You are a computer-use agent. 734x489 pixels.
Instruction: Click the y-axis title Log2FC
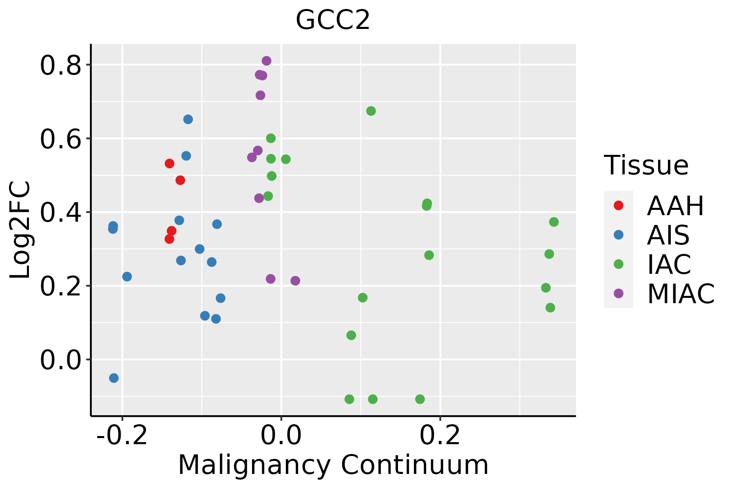[x=20, y=230]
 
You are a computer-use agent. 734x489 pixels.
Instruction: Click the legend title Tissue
[x=646, y=165]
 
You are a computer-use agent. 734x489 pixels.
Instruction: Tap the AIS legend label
[x=668, y=235]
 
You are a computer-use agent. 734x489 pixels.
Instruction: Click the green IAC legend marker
[x=619, y=264]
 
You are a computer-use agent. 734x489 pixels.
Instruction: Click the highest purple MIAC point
[x=266, y=61]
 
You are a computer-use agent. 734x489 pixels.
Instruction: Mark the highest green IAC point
[x=371, y=111]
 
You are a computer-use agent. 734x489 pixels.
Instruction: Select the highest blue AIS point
[x=188, y=119]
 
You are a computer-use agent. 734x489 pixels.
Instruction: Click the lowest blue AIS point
[x=114, y=378]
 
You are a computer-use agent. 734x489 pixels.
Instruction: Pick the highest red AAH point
[x=170, y=163]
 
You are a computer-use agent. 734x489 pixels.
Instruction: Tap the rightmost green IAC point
[x=554, y=222]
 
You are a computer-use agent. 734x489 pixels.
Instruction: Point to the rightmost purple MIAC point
[x=295, y=281]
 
